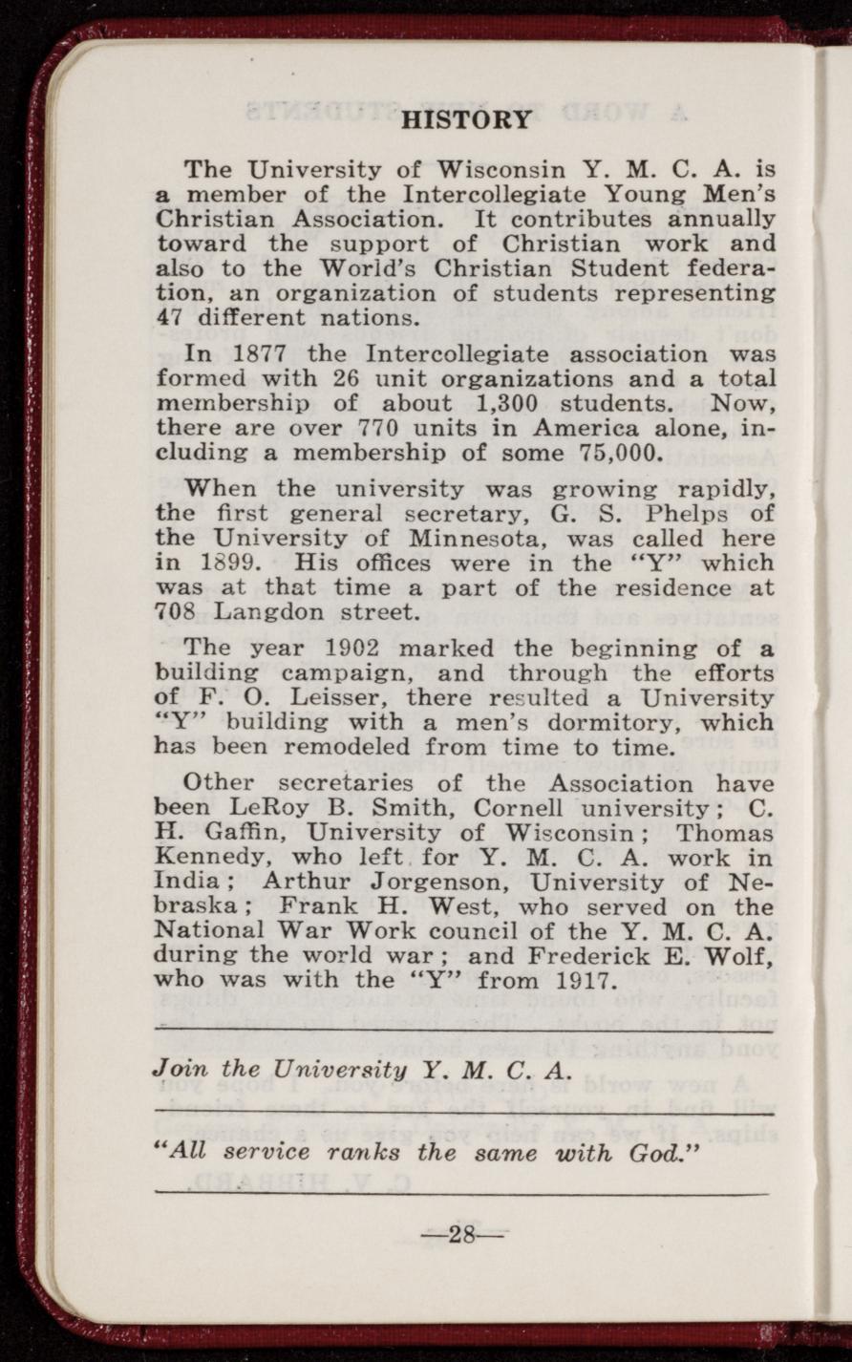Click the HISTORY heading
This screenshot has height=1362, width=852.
tap(467, 120)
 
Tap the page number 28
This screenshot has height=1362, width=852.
tap(463, 1235)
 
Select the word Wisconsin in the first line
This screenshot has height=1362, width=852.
tap(500, 171)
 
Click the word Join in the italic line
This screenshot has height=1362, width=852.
tap(177, 1070)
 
